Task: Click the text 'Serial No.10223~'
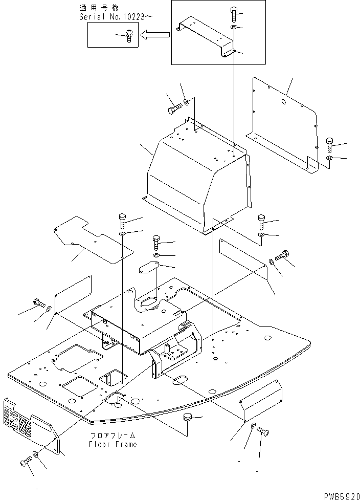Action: [x=116, y=17]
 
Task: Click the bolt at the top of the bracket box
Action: [x=234, y=12]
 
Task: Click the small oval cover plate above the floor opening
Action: [x=149, y=268]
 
